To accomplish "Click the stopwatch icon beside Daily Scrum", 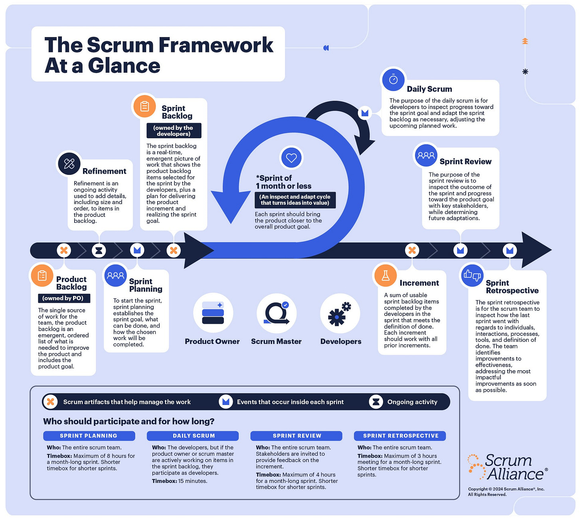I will pos(393,79).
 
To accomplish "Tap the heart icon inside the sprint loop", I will pos(291,158).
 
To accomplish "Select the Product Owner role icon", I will pos(213,313).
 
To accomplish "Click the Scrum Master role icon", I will pos(277,313).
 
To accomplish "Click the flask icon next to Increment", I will pos(385,276).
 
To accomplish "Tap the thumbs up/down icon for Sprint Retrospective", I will pos(472,275).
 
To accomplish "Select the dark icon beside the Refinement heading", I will pos(69,163).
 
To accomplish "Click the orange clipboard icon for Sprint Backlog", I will pos(144,106).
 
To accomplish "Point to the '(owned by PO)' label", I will pos(63,298).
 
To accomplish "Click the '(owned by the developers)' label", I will pos(173,131).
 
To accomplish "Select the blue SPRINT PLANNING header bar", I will pos(89,436).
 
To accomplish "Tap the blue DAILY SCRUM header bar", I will pos(193,436).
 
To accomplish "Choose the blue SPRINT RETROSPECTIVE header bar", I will pos(400,436).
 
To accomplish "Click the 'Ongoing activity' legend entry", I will pos(412,402).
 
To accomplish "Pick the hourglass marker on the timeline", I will pos(99,250).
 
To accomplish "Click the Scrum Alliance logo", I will pos(508,467).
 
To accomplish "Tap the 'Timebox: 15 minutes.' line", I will pos(180,481).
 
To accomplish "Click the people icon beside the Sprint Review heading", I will pos(426,155).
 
